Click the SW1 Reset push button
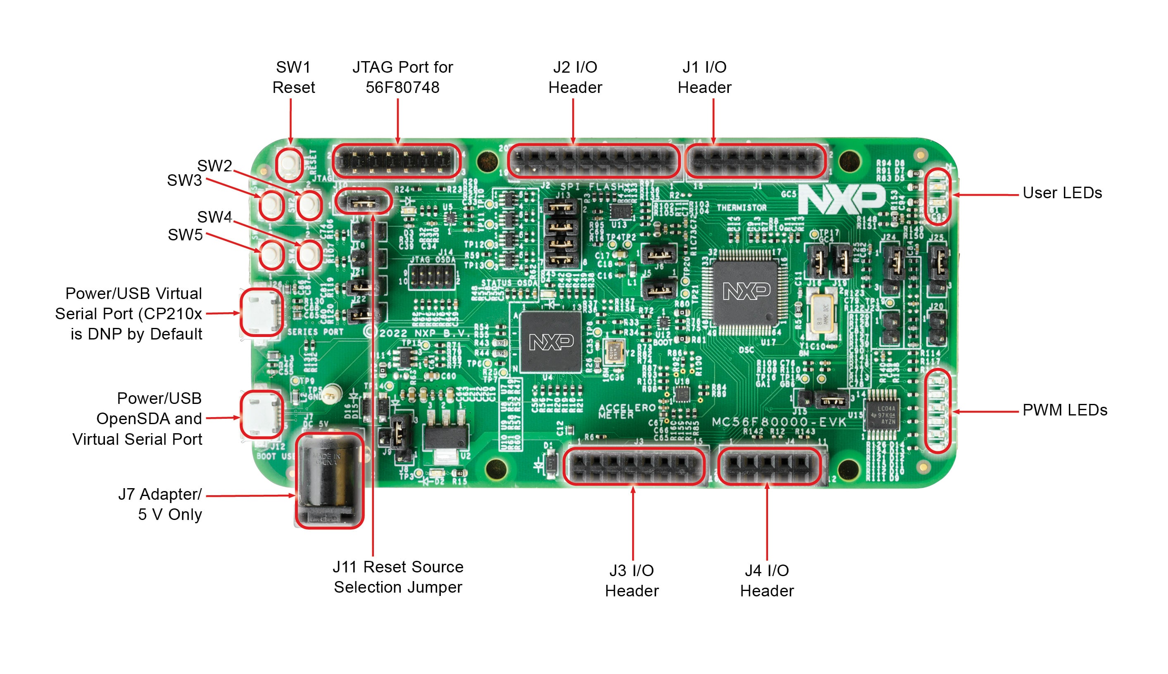point(289,164)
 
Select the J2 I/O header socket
point(594,161)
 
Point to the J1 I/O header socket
point(756,161)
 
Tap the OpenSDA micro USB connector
point(261,414)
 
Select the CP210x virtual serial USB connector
point(261,311)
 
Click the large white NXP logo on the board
point(842,199)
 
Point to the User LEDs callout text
point(1061,192)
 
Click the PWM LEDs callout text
point(1064,410)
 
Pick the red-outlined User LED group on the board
point(937,196)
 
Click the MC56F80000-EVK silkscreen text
point(779,422)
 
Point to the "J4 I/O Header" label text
point(766,581)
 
